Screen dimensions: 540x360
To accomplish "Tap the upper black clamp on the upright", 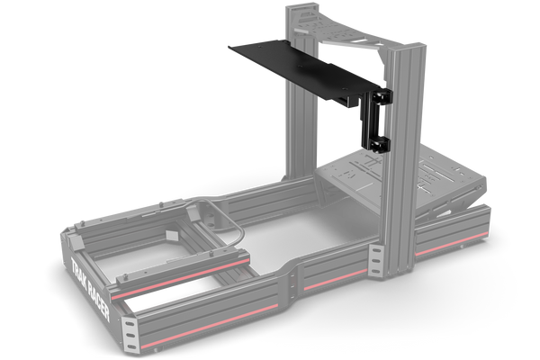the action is click(x=382, y=97).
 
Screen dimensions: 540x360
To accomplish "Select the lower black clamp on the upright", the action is click(x=379, y=144).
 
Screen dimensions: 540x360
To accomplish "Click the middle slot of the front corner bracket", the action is click(x=130, y=335).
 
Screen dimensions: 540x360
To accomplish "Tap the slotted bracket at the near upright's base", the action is click(x=376, y=260).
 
